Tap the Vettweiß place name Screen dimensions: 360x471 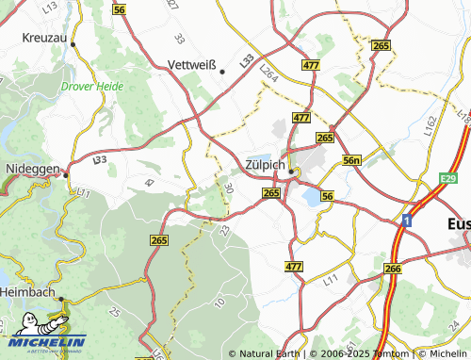click(x=191, y=65)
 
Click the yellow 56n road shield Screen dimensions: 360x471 click(x=352, y=161)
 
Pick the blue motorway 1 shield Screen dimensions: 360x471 click(x=406, y=220)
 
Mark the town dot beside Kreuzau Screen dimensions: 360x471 click(x=73, y=43)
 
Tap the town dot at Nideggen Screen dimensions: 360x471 click(x=66, y=172)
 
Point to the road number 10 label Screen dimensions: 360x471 click(x=219, y=302)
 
